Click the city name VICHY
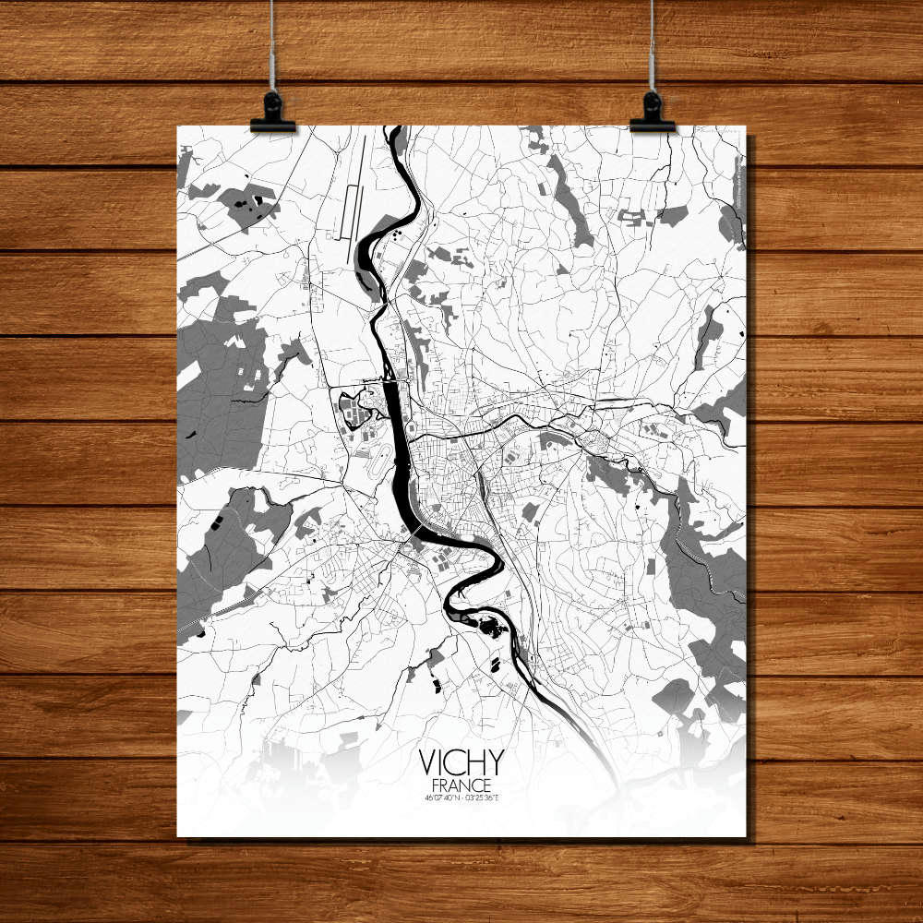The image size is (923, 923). [461, 762]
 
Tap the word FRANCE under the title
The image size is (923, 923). [461, 784]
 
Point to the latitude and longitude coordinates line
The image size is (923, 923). [461, 797]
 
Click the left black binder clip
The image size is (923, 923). [272, 113]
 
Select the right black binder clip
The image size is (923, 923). [653, 113]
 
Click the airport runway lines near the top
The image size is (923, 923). [352, 198]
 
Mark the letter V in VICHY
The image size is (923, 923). [428, 762]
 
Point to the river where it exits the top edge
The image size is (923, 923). [399, 134]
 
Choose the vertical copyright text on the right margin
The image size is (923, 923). [740, 180]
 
